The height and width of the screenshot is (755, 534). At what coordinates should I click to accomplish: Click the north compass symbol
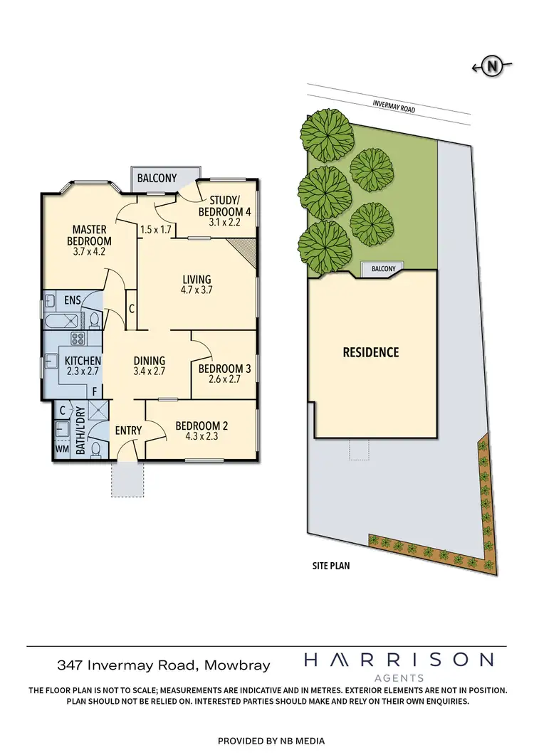click(x=491, y=67)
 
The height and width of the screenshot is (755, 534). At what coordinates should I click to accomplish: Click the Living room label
click(x=197, y=279)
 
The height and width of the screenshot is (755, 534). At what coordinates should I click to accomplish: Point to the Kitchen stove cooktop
click(x=77, y=338)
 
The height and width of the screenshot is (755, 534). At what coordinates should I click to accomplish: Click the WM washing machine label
click(x=62, y=450)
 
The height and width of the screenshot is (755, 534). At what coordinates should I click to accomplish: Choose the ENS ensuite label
click(x=73, y=300)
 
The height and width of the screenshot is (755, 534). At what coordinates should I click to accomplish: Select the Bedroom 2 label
click(x=201, y=426)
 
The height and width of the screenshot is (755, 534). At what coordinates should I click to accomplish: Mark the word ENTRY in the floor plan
click(x=128, y=430)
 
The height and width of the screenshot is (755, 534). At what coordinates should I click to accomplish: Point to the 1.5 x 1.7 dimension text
click(x=156, y=230)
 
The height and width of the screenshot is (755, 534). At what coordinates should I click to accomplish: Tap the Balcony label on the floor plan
click(x=157, y=179)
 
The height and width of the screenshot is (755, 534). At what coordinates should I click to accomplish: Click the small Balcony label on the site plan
click(x=382, y=269)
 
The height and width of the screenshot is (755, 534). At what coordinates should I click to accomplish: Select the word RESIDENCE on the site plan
click(x=370, y=352)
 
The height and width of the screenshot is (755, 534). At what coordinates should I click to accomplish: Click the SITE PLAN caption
click(x=331, y=567)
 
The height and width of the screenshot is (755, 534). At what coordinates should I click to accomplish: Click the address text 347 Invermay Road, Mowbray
click(x=163, y=665)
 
